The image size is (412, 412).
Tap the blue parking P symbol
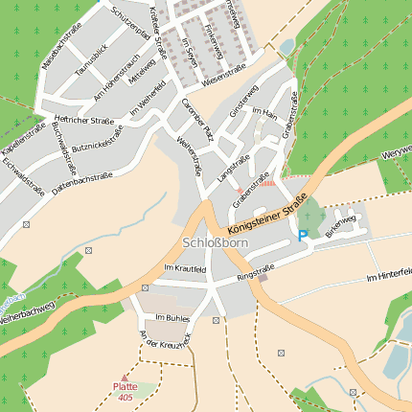[303, 236]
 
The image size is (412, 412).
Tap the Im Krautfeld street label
[185, 269]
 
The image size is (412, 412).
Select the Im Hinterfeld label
[388, 278]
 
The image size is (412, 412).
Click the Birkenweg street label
[340, 226]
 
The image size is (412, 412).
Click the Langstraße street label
[234, 169]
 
